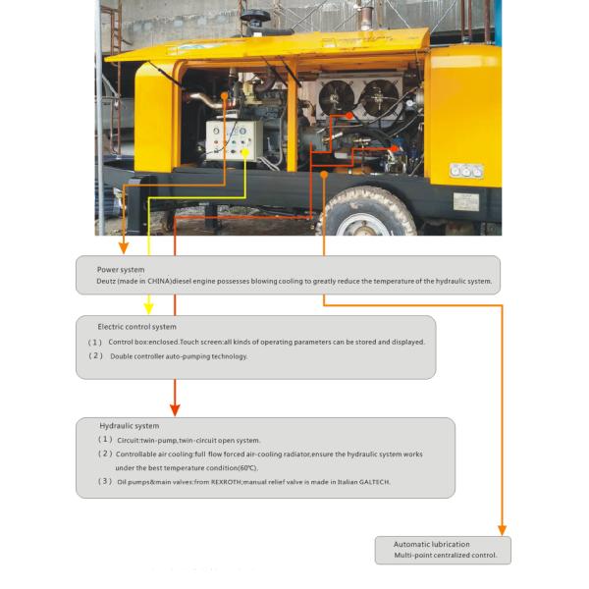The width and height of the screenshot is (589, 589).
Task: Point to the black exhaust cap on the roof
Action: point(258,18)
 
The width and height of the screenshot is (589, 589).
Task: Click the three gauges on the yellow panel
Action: point(466,170)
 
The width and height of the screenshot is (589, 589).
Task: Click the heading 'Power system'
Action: point(121,269)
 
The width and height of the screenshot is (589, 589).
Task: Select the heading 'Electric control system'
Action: point(136,327)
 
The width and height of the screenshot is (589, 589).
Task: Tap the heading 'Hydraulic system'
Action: point(130,426)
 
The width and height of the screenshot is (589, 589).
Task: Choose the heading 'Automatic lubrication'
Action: point(432,544)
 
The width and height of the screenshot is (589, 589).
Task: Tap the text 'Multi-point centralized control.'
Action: point(446,556)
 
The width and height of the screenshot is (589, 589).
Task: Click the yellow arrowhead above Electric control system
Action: point(147,305)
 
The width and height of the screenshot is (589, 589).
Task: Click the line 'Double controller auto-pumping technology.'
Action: point(179,356)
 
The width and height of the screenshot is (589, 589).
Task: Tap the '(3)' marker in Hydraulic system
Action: point(104,482)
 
